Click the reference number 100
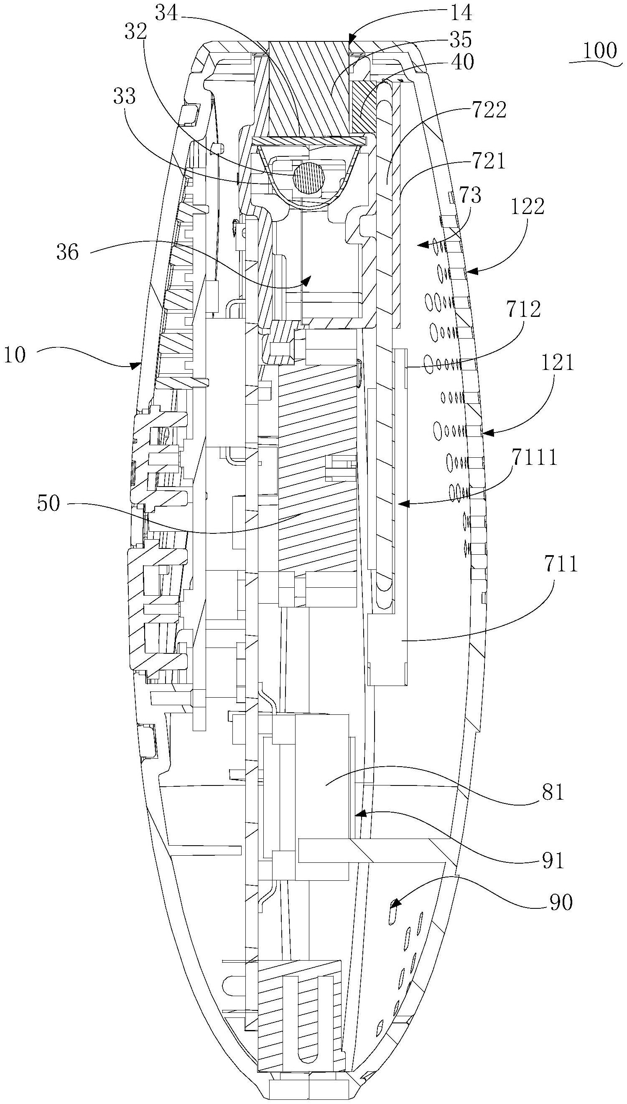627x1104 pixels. pyautogui.click(x=599, y=51)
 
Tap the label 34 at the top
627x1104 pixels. pyautogui.click(x=167, y=13)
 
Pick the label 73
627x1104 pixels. pyautogui.click(x=470, y=196)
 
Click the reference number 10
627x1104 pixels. pyautogui.click(x=15, y=356)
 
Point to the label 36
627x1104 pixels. pyautogui.click(x=68, y=252)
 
